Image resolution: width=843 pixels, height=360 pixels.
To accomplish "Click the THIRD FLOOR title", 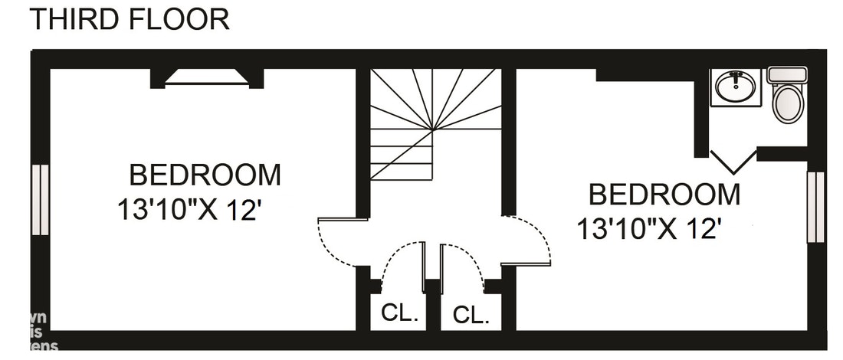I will click(x=129, y=19).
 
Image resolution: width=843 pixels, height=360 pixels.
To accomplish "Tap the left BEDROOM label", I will click(x=205, y=175).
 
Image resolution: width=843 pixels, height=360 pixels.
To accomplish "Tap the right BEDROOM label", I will click(x=664, y=195).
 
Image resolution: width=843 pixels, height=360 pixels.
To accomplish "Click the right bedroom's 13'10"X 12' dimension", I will click(x=651, y=228).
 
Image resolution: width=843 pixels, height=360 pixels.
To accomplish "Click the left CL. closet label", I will click(x=399, y=313).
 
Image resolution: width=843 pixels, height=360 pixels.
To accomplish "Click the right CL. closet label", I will click(x=471, y=314).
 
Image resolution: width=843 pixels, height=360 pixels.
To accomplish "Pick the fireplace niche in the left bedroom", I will click(x=207, y=77).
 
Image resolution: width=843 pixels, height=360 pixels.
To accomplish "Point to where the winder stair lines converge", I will click(x=435, y=129).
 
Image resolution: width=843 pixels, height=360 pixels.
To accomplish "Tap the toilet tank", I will click(x=787, y=75).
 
